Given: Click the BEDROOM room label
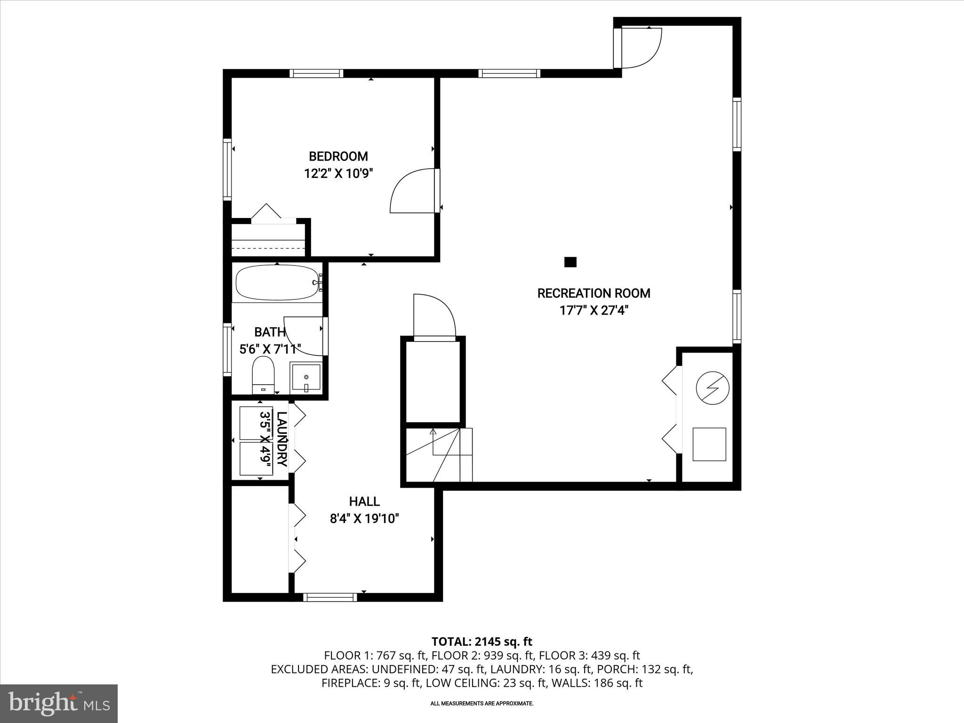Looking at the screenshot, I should pyautogui.click(x=338, y=156).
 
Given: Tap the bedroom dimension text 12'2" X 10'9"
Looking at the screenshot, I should pyautogui.click(x=338, y=174).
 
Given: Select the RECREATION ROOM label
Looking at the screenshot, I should pyautogui.click(x=594, y=293).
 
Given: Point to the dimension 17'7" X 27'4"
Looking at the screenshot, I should pyautogui.click(x=594, y=311).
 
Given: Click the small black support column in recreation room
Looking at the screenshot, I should pyautogui.click(x=570, y=262).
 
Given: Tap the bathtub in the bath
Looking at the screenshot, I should pyautogui.click(x=278, y=282).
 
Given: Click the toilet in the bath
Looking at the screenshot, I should pyautogui.click(x=263, y=375).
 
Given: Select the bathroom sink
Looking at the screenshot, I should pyautogui.click(x=306, y=377).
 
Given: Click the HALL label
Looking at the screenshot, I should pyautogui.click(x=364, y=501).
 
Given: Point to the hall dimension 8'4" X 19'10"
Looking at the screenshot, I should pyautogui.click(x=364, y=519).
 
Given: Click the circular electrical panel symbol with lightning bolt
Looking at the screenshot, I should pyautogui.click(x=712, y=388).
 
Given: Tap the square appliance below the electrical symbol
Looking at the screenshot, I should pyautogui.click(x=709, y=444).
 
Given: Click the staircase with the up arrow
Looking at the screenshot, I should pyautogui.click(x=438, y=454).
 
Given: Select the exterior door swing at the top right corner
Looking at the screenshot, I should pyautogui.click(x=640, y=47).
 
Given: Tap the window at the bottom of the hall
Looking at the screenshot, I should pyautogui.click(x=329, y=597).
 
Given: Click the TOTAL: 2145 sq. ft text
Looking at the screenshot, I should pyautogui.click(x=482, y=642).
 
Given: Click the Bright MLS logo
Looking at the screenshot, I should pyautogui.click(x=59, y=703).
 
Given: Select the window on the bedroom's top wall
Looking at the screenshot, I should pyautogui.click(x=316, y=73).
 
